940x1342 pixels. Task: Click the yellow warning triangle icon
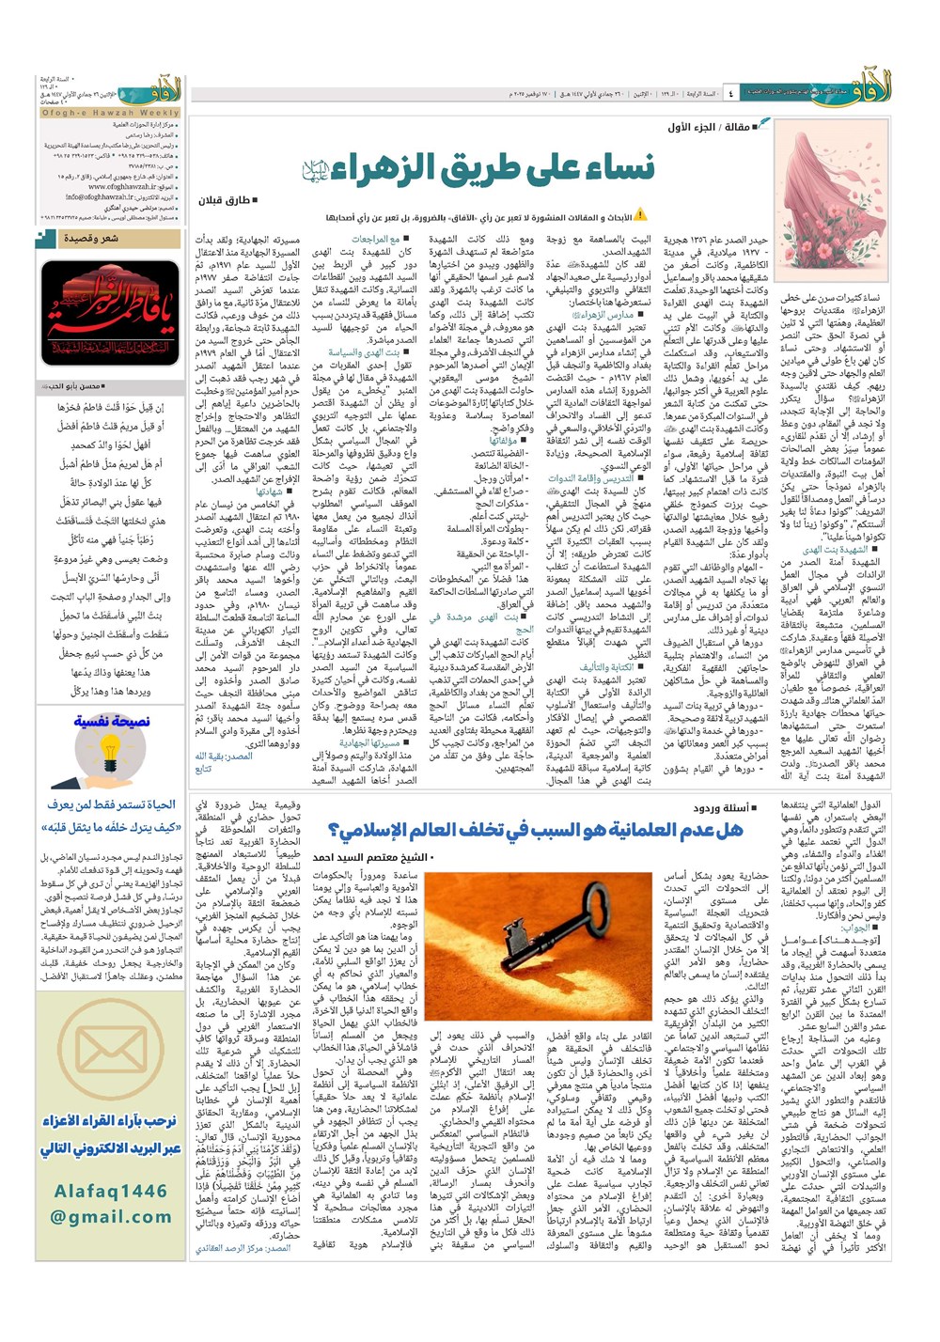tap(640, 215)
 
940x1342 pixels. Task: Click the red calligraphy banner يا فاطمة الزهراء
tap(110, 314)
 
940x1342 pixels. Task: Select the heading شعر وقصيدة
tap(91, 238)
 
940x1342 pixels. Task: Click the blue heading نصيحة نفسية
tap(111, 722)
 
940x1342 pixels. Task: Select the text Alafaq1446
tap(110, 1191)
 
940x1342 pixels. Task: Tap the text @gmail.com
tap(110, 1216)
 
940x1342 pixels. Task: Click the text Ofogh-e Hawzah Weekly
tap(109, 112)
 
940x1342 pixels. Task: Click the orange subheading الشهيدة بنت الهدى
tap(835, 549)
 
